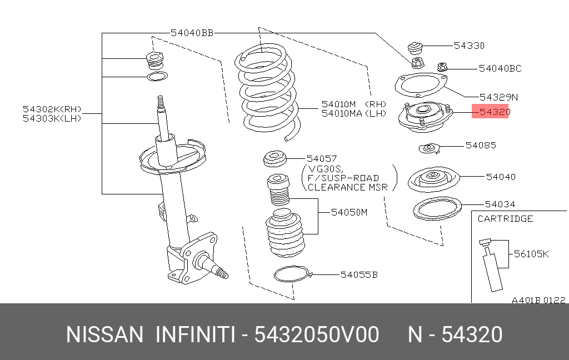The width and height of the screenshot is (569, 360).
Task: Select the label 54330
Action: tap(469, 46)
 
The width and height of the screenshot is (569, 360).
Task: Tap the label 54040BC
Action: tap(500, 68)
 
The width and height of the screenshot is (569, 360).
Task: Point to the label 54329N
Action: tap(491, 97)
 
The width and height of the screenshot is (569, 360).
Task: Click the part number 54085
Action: tap(481, 145)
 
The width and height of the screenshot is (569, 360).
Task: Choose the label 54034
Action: tap(500, 204)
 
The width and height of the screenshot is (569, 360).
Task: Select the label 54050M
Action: tap(349, 212)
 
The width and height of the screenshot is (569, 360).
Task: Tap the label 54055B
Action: tap(359, 274)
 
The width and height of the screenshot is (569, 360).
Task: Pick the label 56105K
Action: tap(531, 254)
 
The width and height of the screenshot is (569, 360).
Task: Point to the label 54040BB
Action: tap(192, 33)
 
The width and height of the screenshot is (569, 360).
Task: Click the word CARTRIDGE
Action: tap(505, 218)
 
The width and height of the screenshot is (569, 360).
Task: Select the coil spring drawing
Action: tap(267, 92)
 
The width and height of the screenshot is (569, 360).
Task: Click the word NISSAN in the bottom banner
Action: tap(105, 335)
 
